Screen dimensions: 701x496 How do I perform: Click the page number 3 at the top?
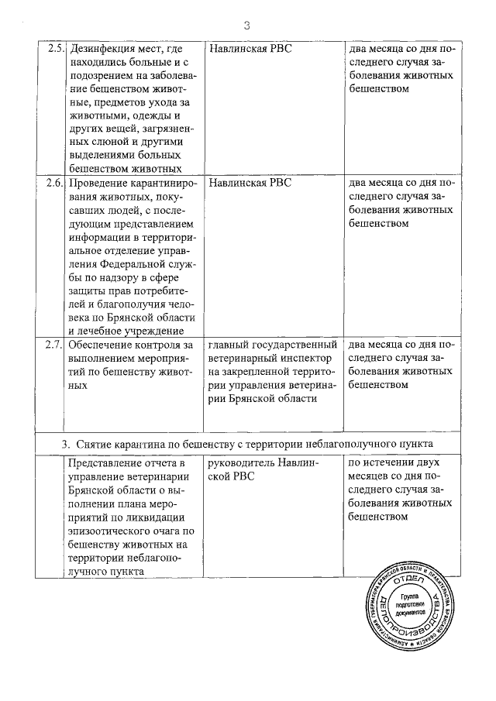point(247,26)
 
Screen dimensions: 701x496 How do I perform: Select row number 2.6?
point(53,184)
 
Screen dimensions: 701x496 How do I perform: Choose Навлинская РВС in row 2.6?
point(250,184)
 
